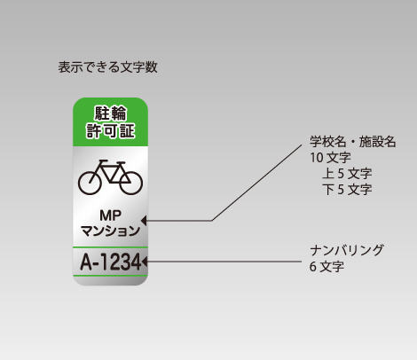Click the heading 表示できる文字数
point(107,67)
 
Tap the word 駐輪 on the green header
point(111,113)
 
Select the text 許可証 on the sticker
point(111,131)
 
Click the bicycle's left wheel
point(90,183)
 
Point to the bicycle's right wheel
point(131,183)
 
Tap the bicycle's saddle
point(104,161)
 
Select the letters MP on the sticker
point(110,215)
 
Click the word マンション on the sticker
point(110,231)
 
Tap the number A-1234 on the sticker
point(111,262)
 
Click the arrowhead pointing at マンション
point(144,221)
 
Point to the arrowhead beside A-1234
point(145,262)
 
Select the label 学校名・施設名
point(353,142)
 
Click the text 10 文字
point(330,158)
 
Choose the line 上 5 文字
point(347,174)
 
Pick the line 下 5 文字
point(347,190)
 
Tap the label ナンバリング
point(347,251)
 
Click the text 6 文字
point(327,267)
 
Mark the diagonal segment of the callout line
point(256,183)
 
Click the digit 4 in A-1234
point(135,262)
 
